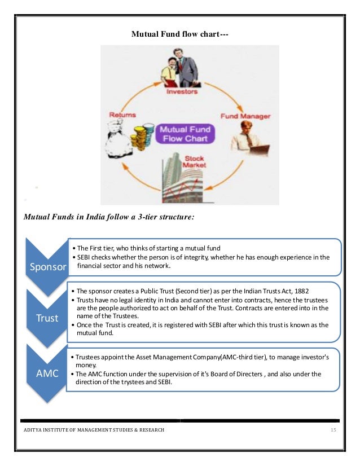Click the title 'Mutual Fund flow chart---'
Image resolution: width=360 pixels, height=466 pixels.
179,34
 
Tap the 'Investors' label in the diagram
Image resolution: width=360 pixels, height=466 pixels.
182,91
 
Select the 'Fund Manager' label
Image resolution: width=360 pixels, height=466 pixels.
245,116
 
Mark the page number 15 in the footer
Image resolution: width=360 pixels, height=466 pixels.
333,430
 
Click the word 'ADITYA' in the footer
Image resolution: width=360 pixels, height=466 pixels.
33,430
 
